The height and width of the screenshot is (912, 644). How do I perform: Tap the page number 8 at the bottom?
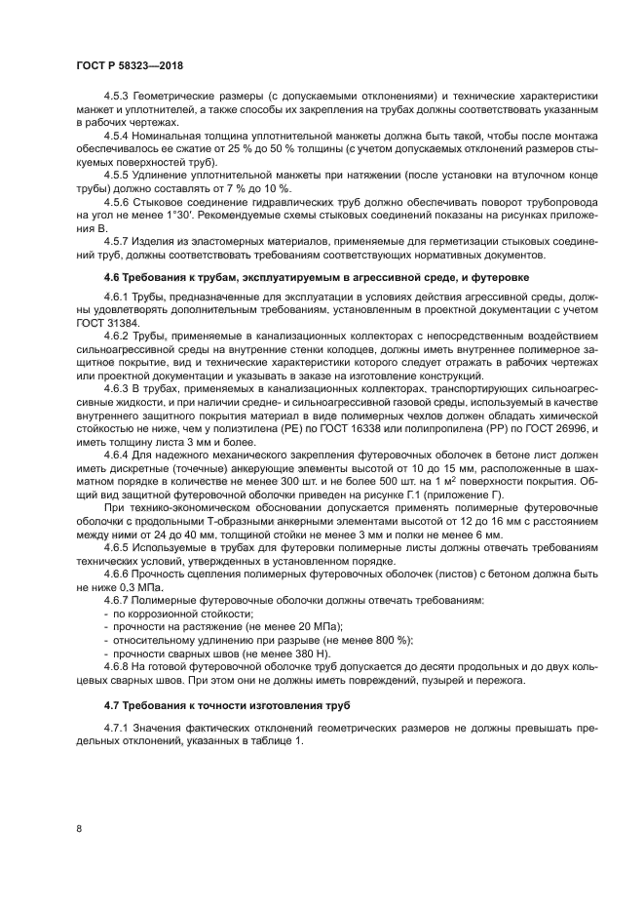tap(78, 829)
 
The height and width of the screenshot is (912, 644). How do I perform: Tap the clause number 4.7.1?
tap(119, 728)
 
